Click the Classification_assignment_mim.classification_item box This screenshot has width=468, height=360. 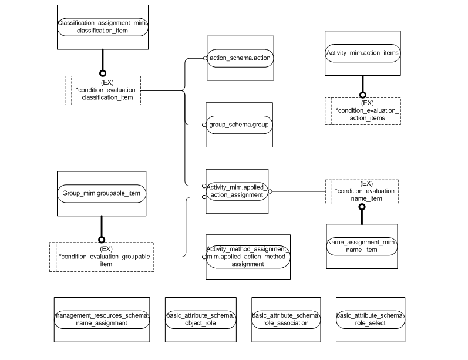[103, 27]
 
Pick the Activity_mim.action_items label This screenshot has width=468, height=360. [362, 53]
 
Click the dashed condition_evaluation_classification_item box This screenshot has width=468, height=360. [103, 90]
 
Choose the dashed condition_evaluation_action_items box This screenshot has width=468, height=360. [363, 110]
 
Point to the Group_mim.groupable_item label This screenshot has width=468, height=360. [101, 193]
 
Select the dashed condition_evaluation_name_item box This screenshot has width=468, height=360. [362, 191]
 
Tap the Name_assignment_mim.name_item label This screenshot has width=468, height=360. [362, 246]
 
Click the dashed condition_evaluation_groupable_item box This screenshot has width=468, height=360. [102, 257]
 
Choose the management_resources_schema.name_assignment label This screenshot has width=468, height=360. [102, 319]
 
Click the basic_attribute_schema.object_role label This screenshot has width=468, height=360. [201, 319]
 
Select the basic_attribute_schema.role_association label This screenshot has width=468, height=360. [286, 319]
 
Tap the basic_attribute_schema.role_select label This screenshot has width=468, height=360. [370, 319]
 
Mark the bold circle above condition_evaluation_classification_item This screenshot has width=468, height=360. [103, 73]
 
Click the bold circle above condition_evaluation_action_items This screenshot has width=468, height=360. [362, 95]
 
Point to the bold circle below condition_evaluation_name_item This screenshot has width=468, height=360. [362, 207]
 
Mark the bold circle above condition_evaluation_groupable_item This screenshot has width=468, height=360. [102, 239]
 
